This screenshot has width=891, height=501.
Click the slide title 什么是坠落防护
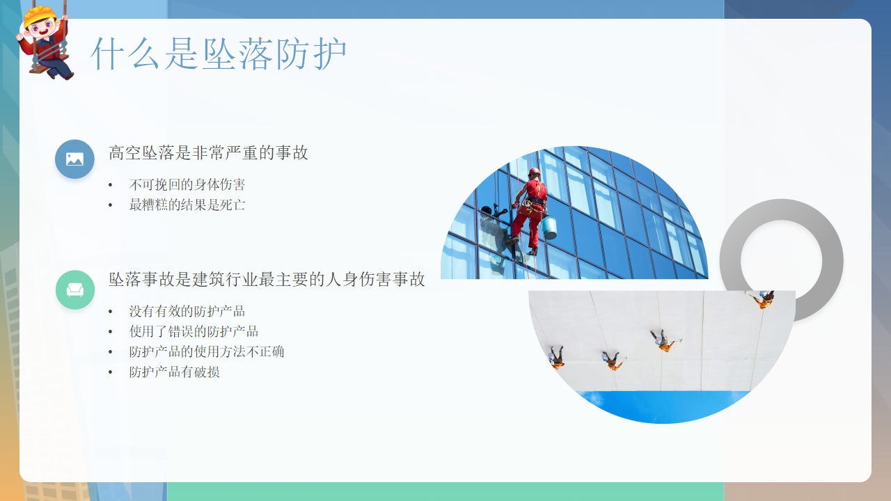[x=219, y=54]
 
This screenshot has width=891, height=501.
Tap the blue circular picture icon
[x=74, y=159]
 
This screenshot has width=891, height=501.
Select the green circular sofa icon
[x=75, y=290]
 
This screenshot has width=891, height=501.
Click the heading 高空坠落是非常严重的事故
[x=208, y=152]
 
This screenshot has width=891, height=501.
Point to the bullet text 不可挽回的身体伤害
[x=187, y=184]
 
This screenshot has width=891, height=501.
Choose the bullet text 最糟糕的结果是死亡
[x=187, y=205]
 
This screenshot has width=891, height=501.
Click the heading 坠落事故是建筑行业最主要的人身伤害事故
[x=267, y=280]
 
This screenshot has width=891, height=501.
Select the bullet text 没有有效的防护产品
[x=187, y=311]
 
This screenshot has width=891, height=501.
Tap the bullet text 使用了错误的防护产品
[x=194, y=331]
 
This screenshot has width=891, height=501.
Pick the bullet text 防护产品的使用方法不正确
[x=207, y=351]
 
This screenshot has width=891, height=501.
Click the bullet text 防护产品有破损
[x=174, y=372]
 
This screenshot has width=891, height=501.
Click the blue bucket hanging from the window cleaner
[x=549, y=228]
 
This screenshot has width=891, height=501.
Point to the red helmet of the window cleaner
[x=534, y=171]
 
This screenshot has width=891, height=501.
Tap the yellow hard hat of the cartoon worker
[x=39, y=16]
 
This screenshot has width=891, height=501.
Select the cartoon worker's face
[x=42, y=29]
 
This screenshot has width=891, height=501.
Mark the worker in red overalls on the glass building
[x=530, y=212]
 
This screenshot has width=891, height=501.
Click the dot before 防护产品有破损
[x=110, y=372]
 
